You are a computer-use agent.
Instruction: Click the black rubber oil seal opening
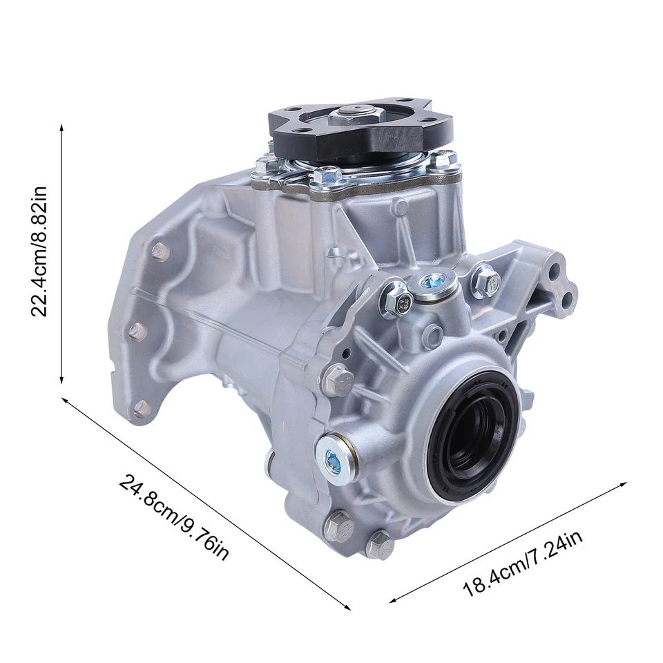click(x=474, y=430)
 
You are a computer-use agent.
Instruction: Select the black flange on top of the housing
click(x=359, y=131)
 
